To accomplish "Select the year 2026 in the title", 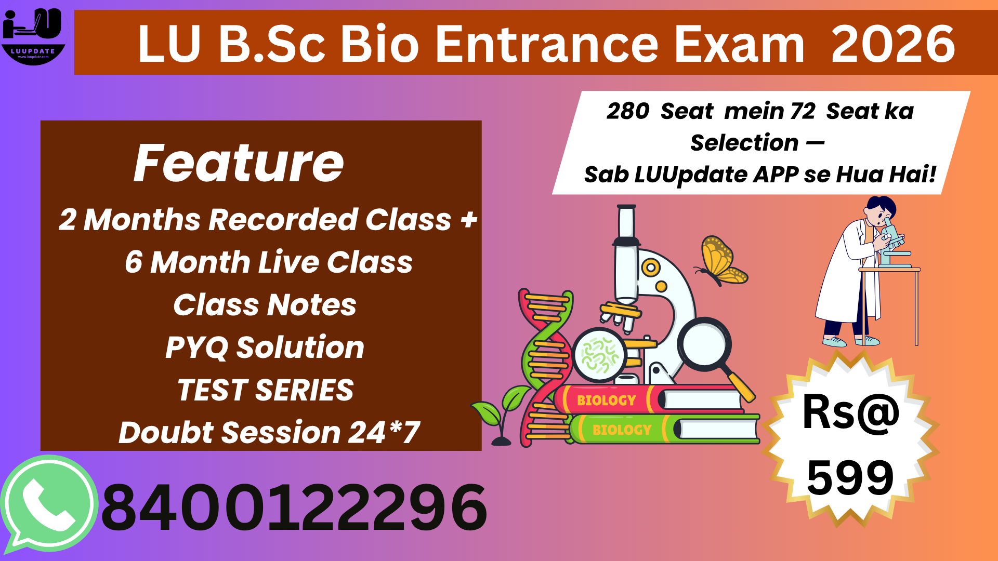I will [x=892, y=45].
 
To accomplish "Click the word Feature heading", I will [x=239, y=164].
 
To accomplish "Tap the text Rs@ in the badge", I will [x=851, y=413].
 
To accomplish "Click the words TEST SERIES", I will [x=265, y=390].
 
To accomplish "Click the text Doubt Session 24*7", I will [x=269, y=433].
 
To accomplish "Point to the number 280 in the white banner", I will [x=627, y=111].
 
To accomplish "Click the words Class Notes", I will [x=265, y=305].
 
